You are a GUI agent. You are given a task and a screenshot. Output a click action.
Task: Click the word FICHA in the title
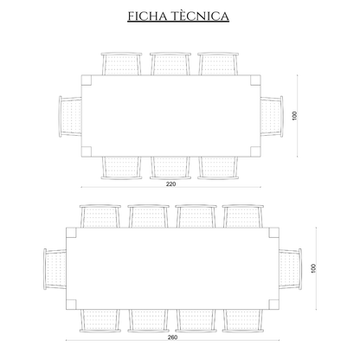click(147, 16)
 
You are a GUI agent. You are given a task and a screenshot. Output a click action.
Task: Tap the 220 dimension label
click(171, 183)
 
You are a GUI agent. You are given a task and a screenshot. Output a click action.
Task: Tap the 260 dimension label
click(172, 337)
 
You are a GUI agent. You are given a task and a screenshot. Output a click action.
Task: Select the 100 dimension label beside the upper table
click(294, 116)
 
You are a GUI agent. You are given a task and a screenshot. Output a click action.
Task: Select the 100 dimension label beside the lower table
click(314, 268)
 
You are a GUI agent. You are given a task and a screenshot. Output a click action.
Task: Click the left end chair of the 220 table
click(70, 117)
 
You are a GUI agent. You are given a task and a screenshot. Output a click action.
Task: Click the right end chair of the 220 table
click(272, 117)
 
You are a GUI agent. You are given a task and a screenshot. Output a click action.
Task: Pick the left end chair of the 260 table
click(55, 269)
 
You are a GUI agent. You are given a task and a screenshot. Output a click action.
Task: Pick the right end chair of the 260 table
click(291, 269)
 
